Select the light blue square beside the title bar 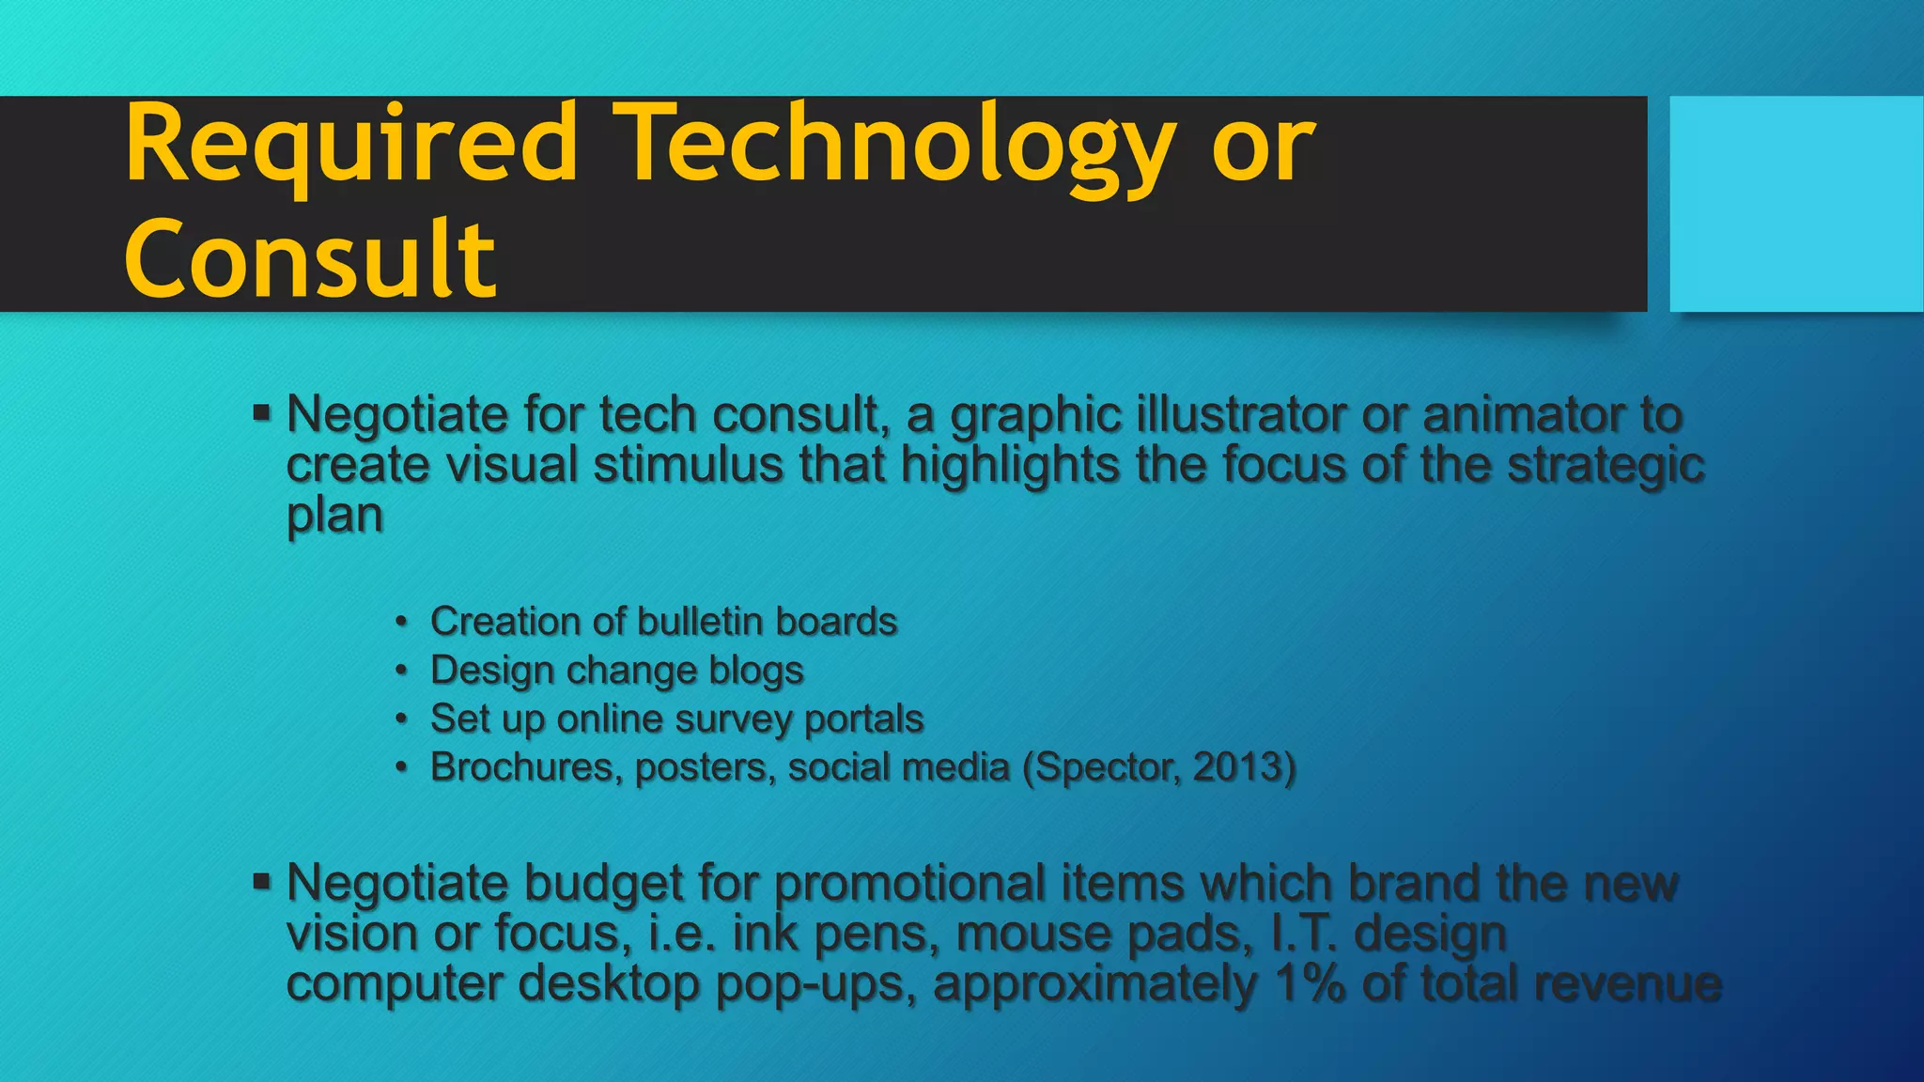(1795, 204)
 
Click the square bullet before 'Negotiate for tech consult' (261, 412)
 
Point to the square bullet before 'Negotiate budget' (261, 881)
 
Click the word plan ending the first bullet (334, 516)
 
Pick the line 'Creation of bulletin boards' (663, 622)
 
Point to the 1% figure (1310, 983)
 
